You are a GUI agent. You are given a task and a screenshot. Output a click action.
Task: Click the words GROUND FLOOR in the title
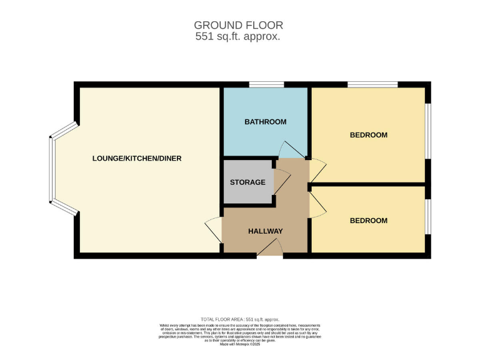coord(238,25)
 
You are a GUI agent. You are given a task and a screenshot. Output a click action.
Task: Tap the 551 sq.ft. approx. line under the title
coord(238,37)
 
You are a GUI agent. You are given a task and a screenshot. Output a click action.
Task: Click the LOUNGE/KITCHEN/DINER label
coord(137,159)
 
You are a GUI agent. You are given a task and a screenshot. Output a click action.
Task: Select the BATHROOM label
coord(265,122)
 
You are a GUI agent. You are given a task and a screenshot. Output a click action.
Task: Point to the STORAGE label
coord(247,182)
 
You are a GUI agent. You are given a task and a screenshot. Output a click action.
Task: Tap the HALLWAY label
coord(265,231)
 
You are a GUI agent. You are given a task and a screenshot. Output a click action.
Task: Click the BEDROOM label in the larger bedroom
coord(368,135)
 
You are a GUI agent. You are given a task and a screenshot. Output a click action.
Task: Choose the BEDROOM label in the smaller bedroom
coord(368,221)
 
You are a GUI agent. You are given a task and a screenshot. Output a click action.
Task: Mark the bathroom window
coord(266,84)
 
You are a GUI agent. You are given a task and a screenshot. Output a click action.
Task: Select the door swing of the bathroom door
coord(291,150)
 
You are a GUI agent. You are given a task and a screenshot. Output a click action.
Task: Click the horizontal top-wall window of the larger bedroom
coord(372,84)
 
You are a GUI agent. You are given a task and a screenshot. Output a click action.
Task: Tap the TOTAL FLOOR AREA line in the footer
coord(240,319)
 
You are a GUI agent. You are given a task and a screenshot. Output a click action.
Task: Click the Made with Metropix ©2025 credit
coord(240,344)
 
